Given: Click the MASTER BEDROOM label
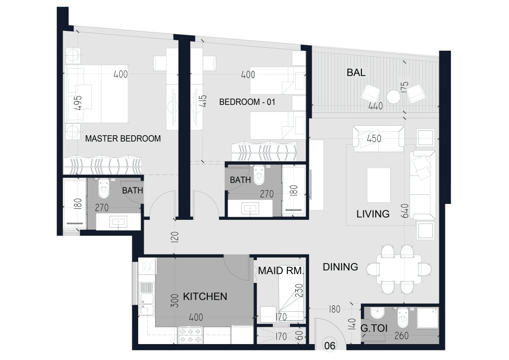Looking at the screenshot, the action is [123, 139].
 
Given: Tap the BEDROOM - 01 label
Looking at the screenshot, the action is [248, 102].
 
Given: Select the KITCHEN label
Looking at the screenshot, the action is [205, 296].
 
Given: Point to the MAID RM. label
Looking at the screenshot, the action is [281, 270].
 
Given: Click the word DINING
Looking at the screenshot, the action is [340, 267].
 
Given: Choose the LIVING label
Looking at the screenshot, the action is [373, 214].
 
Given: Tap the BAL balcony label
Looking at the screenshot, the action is [356, 73].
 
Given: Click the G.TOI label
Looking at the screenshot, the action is [374, 328].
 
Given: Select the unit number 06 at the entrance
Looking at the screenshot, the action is [330, 346].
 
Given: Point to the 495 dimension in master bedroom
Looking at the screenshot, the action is [78, 103].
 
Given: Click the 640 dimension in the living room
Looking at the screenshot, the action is [405, 211].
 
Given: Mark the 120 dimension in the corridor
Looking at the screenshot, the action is [174, 237].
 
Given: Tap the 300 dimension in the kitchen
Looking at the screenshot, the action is [174, 301].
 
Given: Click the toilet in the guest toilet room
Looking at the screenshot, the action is [403, 318].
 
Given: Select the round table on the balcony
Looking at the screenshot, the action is [394, 97].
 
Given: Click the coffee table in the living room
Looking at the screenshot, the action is [378, 185].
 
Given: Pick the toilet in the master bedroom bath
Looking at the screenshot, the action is [104, 188].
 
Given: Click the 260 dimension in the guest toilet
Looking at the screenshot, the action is [401, 336].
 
